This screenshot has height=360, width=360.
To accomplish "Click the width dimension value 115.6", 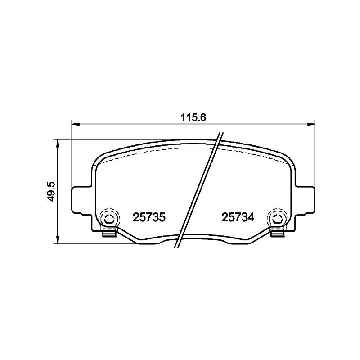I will click(193, 117).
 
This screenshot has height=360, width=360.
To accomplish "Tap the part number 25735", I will click(150, 217).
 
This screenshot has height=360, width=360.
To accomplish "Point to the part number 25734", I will click(238, 217).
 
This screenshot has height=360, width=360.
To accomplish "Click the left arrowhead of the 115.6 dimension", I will click(75, 123).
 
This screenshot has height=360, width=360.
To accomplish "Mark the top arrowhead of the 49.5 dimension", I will click(58, 143).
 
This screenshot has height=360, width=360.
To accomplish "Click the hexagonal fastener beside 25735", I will click(109, 219).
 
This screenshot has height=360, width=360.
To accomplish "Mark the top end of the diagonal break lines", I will click(221, 134).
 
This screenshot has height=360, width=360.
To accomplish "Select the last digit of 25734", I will click(251, 217).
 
